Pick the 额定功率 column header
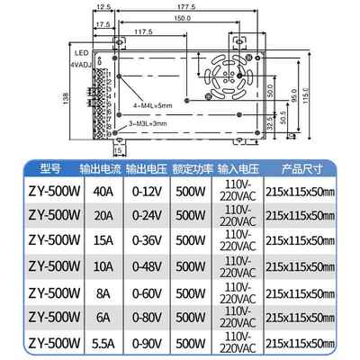190,167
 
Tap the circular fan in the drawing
225,72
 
